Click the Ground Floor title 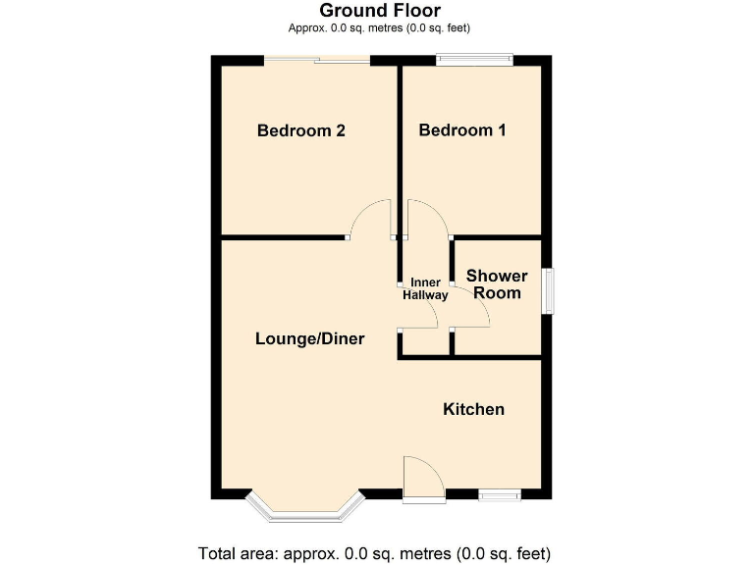(x=380, y=11)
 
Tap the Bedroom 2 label (x=300, y=130)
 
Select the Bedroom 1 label (x=462, y=130)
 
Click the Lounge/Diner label (x=309, y=339)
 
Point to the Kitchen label (x=473, y=409)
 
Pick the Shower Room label (x=497, y=284)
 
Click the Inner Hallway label (x=425, y=289)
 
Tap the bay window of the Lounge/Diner (x=305, y=509)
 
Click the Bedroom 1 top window (x=475, y=60)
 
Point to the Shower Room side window (x=548, y=291)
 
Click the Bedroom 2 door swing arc (x=371, y=218)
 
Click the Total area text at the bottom (x=374, y=551)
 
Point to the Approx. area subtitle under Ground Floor (x=379, y=28)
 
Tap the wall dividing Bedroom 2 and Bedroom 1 (x=400, y=147)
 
